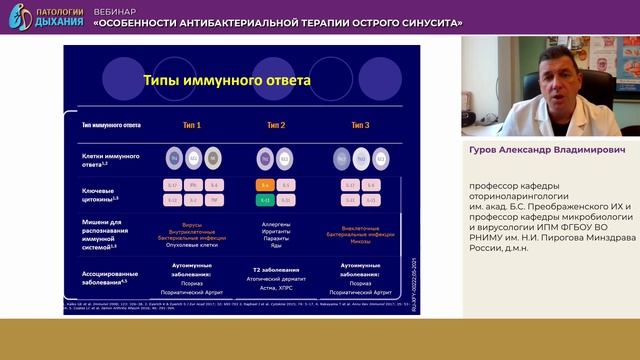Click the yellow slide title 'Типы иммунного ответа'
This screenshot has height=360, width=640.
click(x=226, y=79)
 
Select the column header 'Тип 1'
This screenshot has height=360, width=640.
click(x=191, y=126)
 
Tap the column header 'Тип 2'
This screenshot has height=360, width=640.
click(x=276, y=126)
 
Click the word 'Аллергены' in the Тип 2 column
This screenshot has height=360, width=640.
click(x=276, y=224)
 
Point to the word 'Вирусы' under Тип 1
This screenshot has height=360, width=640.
click(x=191, y=225)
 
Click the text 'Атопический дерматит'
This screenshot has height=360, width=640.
click(x=276, y=278)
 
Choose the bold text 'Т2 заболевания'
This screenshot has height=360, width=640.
click(x=276, y=270)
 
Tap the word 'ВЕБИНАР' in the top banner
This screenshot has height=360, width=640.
click(x=116, y=8)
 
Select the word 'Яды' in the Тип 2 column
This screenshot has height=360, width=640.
click(x=276, y=247)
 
